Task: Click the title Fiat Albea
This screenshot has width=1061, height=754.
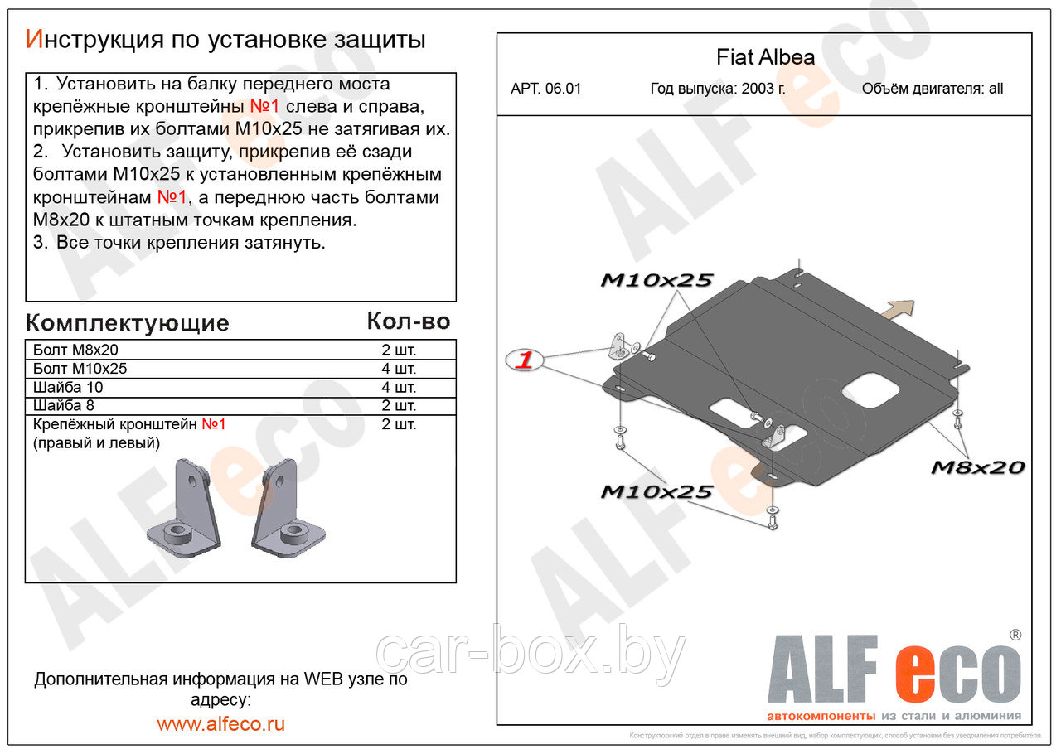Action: [x=765, y=58]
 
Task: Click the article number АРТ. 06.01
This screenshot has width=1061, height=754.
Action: [x=545, y=89]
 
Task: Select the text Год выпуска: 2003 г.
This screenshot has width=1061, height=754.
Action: [x=718, y=89]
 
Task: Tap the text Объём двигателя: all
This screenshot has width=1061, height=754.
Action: [x=932, y=89]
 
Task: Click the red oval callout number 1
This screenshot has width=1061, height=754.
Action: [x=525, y=360]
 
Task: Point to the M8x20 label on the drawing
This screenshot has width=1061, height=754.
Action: [x=977, y=467]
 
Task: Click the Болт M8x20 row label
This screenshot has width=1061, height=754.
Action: [x=75, y=350]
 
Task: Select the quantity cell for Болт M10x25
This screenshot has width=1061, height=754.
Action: [x=399, y=369]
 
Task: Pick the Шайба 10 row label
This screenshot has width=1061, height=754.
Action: [x=68, y=388]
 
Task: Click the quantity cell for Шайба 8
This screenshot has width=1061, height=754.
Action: [x=399, y=406]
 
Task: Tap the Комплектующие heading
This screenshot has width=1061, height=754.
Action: [x=127, y=322]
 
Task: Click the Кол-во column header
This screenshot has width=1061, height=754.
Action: [x=408, y=321]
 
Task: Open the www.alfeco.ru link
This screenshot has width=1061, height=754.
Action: [x=220, y=723]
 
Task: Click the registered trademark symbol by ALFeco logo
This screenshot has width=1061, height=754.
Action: [x=1015, y=635]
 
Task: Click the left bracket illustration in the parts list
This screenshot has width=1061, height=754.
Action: [x=185, y=508]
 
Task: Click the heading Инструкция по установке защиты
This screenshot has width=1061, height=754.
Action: [x=225, y=39]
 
